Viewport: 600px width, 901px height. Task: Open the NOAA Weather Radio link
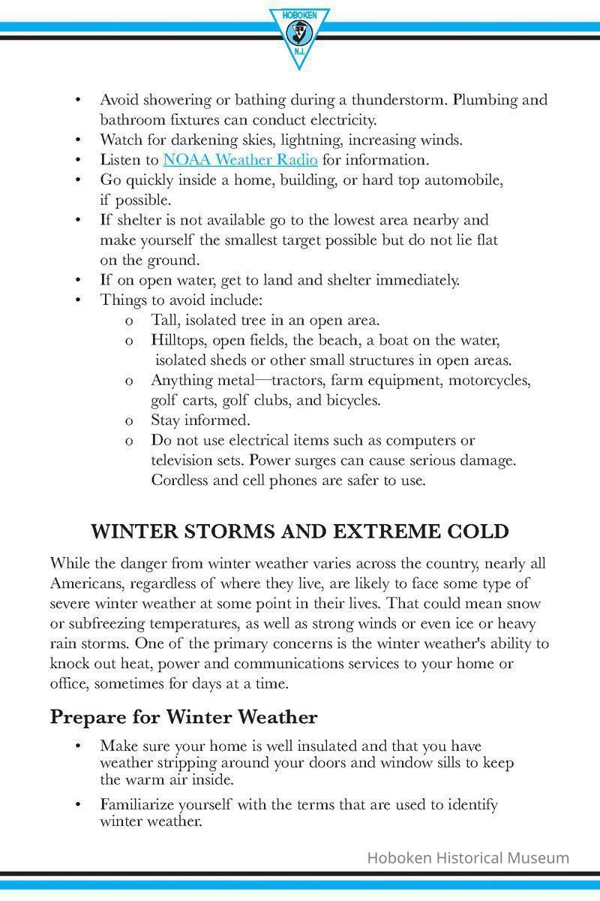[240, 160]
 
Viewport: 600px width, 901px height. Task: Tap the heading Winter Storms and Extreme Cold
[300, 532]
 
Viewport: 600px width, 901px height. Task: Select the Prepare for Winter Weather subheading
[184, 717]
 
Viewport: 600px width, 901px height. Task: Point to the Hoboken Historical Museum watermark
[468, 857]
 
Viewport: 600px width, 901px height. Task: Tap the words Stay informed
[200, 420]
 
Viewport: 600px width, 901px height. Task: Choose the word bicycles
[352, 400]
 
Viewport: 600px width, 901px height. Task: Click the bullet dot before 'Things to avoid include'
[78, 300]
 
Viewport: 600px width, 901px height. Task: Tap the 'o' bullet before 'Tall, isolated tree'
[130, 321]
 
